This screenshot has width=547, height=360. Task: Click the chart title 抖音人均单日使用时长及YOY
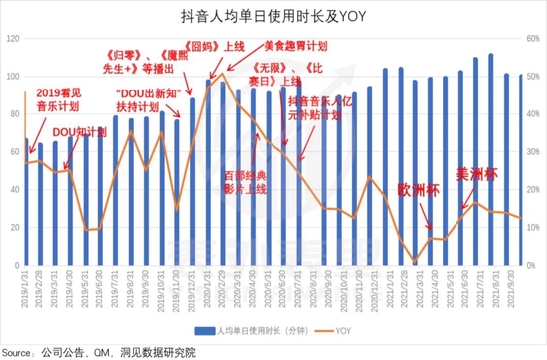tap(273, 14)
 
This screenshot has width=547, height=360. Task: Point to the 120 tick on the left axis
tap(13, 38)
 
